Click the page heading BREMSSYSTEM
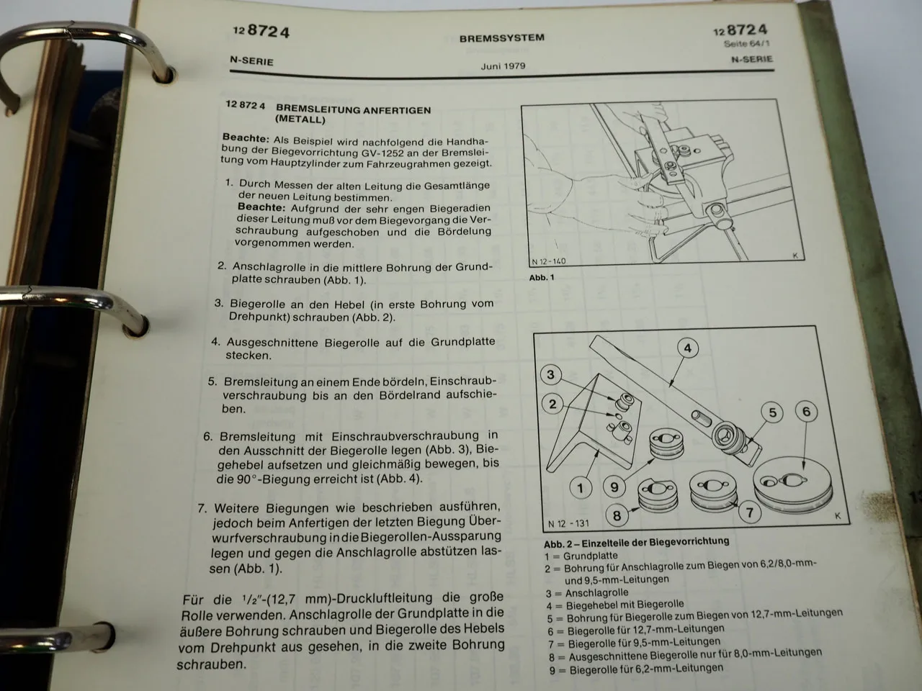501,38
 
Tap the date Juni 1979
503,66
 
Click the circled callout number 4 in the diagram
688,348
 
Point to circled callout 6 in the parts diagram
806,412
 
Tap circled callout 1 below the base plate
581,488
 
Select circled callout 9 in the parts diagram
614,487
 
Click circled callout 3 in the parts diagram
551,374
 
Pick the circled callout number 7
749,512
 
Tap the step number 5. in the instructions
212,382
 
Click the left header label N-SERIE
251,61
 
